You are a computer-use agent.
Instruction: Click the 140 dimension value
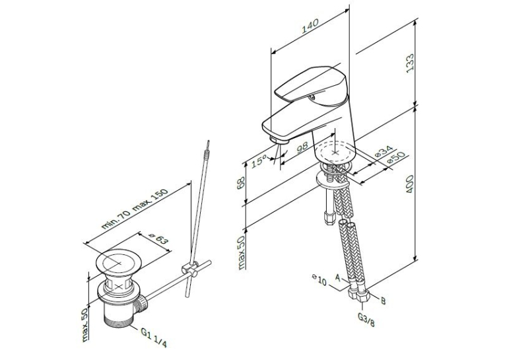(310, 26)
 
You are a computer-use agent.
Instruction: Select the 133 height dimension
(409, 63)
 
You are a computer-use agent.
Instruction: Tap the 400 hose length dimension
(410, 184)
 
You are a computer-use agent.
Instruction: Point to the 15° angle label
(259, 160)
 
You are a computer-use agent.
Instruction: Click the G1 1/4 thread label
(154, 337)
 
